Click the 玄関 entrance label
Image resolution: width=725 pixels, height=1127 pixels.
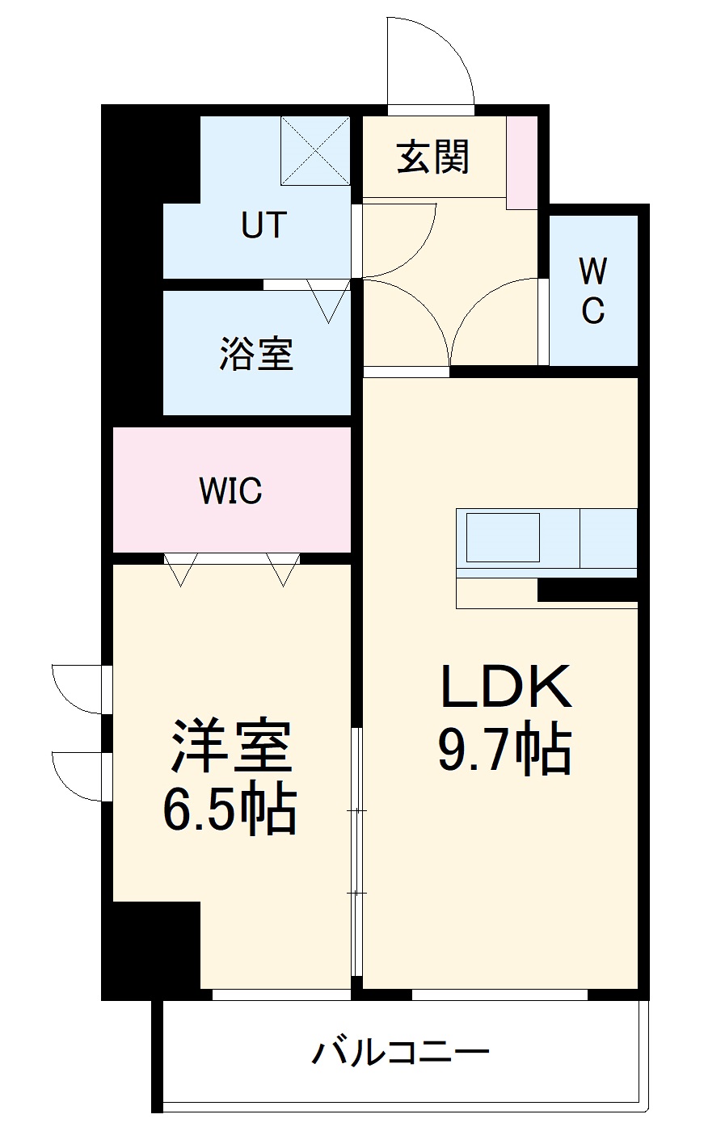tap(433, 157)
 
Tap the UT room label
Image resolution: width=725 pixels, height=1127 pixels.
tap(264, 225)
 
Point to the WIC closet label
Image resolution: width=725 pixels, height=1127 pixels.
tap(231, 490)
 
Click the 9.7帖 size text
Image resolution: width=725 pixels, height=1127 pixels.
tap(505, 750)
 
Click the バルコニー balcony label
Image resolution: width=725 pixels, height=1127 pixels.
tap(402, 1053)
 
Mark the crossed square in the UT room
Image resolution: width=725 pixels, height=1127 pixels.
tap(315, 150)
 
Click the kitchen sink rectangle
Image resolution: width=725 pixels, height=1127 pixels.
tap(503, 537)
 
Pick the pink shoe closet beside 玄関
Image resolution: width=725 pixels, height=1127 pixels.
tap(521, 162)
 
